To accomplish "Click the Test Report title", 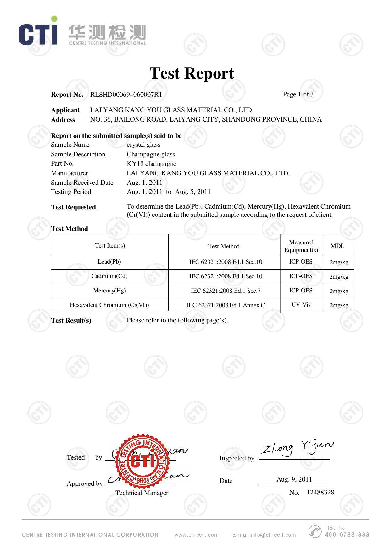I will pyautogui.click(x=192, y=73).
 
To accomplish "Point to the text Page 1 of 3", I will pyautogui.click(x=298, y=94).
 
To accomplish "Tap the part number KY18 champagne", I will pyautogui.click(x=151, y=164).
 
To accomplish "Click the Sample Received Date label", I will pyautogui.click(x=82, y=183).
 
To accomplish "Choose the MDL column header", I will pyautogui.click(x=337, y=246).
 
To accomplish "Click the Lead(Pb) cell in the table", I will pyautogui.click(x=109, y=262).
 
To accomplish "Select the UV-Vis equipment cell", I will pyautogui.click(x=301, y=304).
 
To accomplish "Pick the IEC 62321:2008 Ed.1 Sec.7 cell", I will pyautogui.click(x=226, y=291).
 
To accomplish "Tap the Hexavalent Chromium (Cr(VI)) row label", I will pyautogui.click(x=109, y=305).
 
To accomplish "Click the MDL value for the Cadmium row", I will pyautogui.click(x=339, y=276).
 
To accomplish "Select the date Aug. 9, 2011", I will pyautogui.click(x=294, y=479).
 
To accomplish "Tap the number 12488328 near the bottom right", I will pyautogui.click(x=320, y=492).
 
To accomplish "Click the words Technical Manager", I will pyautogui.click(x=142, y=493).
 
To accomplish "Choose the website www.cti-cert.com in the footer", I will pyautogui.click(x=196, y=535).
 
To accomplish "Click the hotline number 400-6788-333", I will pyautogui.click(x=347, y=534).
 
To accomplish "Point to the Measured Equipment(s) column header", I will pyautogui.click(x=301, y=246).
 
